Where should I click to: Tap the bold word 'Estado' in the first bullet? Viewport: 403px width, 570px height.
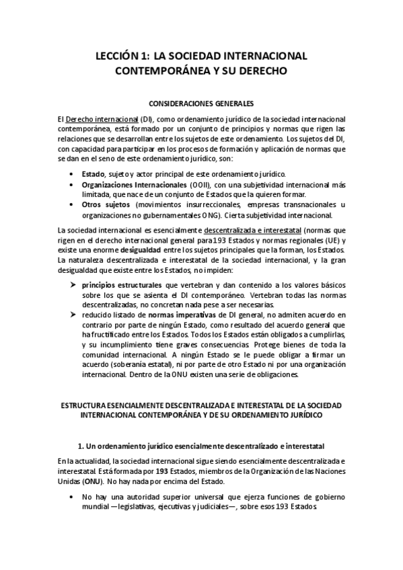click(94, 173)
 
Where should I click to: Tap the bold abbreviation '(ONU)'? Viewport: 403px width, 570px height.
click(94, 481)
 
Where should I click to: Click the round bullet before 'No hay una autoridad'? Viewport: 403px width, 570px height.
click(72, 497)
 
